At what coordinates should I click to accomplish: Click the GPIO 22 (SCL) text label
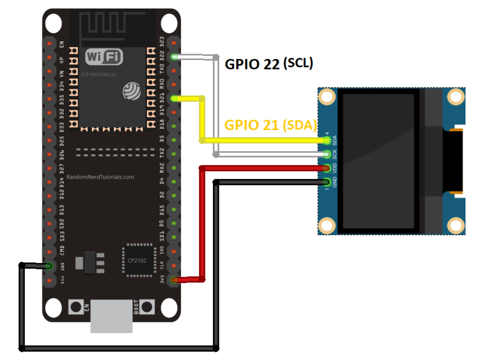[x=269, y=64]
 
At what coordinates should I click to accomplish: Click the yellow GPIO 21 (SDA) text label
[x=270, y=125]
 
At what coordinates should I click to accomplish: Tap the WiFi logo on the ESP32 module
[x=104, y=57]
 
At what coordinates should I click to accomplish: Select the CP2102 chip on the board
[x=139, y=260]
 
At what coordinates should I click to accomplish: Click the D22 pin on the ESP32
[x=174, y=57]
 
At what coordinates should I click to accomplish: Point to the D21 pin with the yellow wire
[x=174, y=99]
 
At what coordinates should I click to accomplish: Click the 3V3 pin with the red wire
[x=174, y=280]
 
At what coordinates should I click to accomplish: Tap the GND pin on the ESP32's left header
[x=49, y=266]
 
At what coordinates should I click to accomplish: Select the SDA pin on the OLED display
[x=327, y=140]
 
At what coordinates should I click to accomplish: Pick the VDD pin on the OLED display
[x=327, y=167]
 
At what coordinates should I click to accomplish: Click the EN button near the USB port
[x=75, y=307]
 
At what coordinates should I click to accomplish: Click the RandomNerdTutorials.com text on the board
[x=100, y=177]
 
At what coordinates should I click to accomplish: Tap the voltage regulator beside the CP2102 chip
[x=89, y=262]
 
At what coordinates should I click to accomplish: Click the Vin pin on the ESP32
[x=49, y=280]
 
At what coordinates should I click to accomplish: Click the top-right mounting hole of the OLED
[x=456, y=97]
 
